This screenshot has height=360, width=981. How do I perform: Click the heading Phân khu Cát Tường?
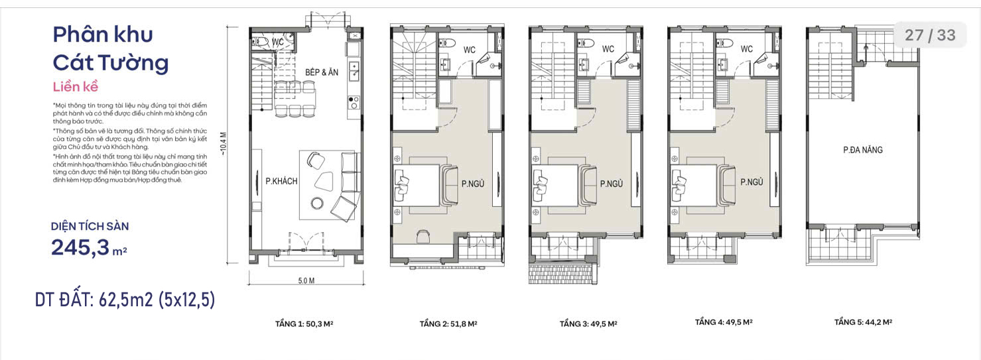pos(110,49)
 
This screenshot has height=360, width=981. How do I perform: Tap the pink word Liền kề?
pos(76,87)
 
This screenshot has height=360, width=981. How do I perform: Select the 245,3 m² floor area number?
pos(89,247)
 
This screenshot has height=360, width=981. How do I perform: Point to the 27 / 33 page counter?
pos(930,35)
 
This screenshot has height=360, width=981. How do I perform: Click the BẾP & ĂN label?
pos(322,72)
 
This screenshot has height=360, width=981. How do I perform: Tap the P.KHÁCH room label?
pos(281,181)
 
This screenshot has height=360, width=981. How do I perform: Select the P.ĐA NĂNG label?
pos(863,150)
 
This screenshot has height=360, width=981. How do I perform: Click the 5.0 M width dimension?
pos(306,280)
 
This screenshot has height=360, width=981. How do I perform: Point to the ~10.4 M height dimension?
pos(224,144)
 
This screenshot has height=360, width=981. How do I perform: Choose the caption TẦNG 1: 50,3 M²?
pos(304,324)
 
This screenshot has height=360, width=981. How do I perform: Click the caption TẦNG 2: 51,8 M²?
pos(448,324)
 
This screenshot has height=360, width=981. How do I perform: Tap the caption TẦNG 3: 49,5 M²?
pos(588,324)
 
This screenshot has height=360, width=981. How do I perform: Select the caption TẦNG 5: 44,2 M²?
pos(863,322)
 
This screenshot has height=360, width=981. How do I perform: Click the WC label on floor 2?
pos(470,50)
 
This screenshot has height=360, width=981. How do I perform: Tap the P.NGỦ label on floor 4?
pos(752,182)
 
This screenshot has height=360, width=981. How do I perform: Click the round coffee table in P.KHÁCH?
pos(316,203)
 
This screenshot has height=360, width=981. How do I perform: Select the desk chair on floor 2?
pos(423,236)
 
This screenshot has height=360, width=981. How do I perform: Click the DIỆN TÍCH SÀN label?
pos(90,227)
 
